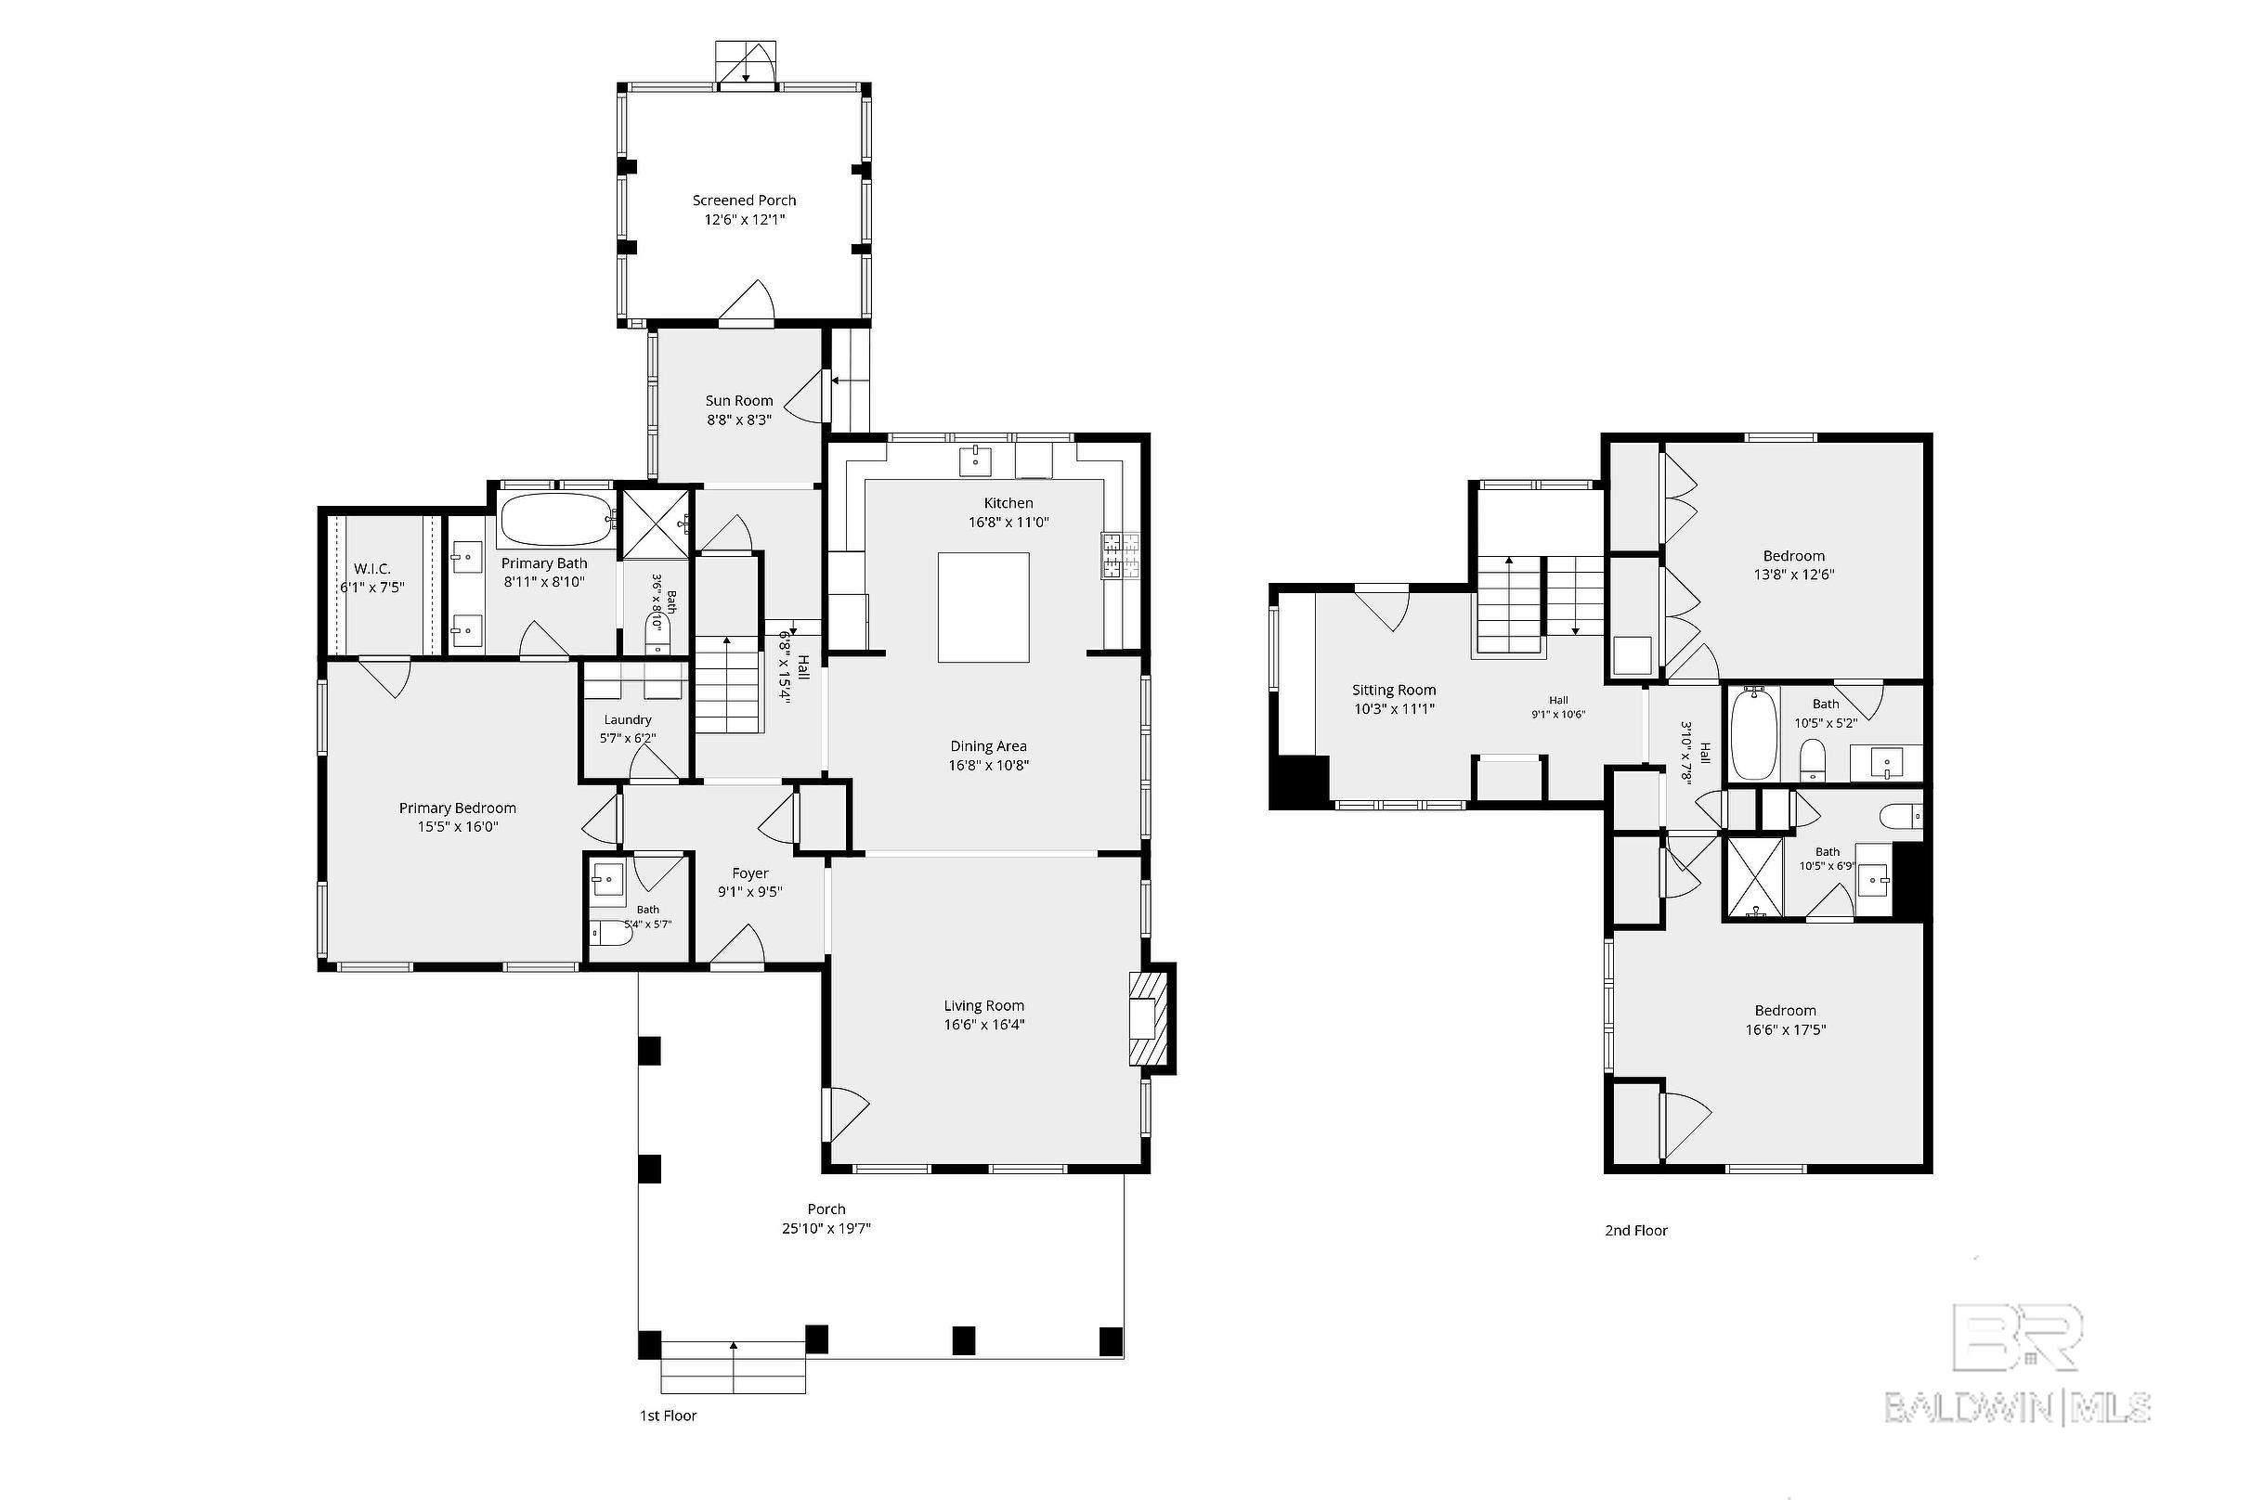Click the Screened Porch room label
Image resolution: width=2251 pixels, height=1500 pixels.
[x=745, y=200]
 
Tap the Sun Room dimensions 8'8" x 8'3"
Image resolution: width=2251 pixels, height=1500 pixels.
[x=739, y=419]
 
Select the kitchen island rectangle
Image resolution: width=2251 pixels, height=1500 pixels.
[x=982, y=606]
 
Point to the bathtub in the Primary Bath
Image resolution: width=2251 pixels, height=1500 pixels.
[x=556, y=521]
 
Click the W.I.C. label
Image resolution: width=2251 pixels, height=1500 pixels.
[x=372, y=568]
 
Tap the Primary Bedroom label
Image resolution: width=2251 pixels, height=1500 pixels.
[x=458, y=808]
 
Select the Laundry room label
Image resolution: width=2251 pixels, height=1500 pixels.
[x=628, y=719]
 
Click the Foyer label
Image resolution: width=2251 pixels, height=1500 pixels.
[x=750, y=873]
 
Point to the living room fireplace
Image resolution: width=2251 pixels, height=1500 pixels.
[x=1150, y=1019]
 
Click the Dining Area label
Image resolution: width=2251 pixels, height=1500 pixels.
[x=989, y=746]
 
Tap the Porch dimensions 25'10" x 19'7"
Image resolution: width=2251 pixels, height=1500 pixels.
[x=826, y=1228]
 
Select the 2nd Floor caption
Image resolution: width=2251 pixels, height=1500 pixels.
[x=1636, y=1230]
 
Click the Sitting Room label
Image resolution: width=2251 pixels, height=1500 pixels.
[x=1394, y=690]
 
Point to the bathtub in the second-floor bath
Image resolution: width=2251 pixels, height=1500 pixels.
[x=1753, y=733]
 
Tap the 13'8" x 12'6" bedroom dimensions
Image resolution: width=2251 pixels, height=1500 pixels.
[x=1793, y=575]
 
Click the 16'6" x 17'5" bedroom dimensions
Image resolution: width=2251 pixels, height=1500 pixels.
[x=1786, y=1030]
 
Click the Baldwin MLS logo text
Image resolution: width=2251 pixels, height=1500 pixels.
[x=2019, y=1407]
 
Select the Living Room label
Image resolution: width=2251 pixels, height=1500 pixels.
[x=983, y=1005]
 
